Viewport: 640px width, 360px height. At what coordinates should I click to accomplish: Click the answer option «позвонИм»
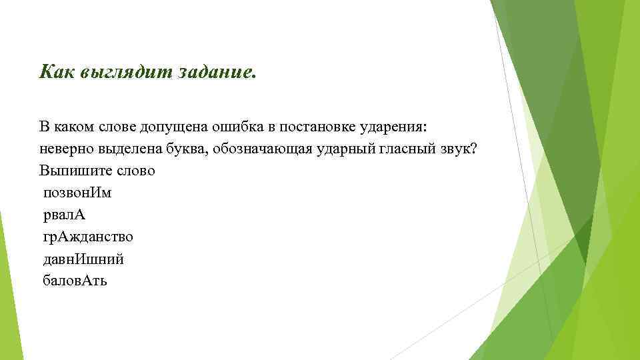click(77, 193)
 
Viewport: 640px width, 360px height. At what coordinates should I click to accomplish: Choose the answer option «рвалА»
click(64, 215)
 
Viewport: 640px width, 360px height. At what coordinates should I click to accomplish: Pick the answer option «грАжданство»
click(87, 237)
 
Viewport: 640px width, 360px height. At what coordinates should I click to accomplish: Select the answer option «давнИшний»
click(83, 259)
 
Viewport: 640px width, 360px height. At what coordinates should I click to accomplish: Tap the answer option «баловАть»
click(75, 281)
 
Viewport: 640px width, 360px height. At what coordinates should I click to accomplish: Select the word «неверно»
click(64, 149)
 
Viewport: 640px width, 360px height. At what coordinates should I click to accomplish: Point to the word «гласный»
click(397, 149)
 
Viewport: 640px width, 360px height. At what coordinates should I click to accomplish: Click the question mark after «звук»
click(473, 148)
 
